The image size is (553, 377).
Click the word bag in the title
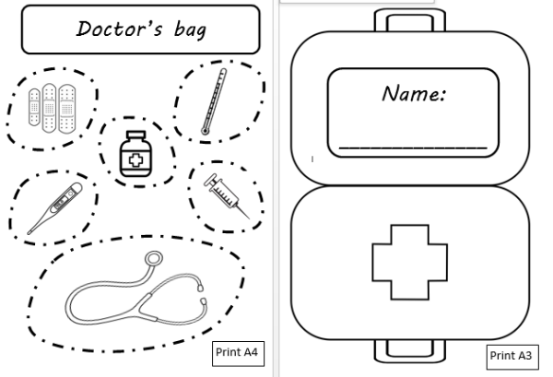click(x=188, y=31)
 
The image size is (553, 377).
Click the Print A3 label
click(x=512, y=355)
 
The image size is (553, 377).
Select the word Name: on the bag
click(x=414, y=94)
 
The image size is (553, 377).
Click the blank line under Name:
click(x=412, y=146)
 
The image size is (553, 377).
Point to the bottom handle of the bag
click(x=410, y=350)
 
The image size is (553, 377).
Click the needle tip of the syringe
click(x=248, y=217)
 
